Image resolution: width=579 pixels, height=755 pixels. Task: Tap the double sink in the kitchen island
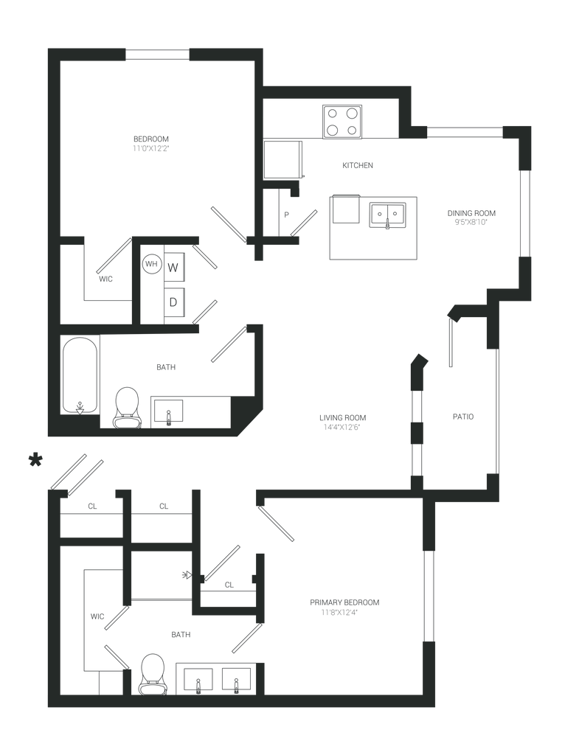tap(388, 215)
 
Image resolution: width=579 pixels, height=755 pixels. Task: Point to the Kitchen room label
tap(358, 166)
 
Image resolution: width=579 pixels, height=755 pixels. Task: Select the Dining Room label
tap(472, 216)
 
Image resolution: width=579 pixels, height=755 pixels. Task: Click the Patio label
tap(463, 417)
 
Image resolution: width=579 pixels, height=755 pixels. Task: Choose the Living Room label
tap(342, 422)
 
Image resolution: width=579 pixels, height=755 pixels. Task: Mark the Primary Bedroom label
tap(344, 607)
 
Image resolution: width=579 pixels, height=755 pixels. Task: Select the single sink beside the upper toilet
tap(169, 411)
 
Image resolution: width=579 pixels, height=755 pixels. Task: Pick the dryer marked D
tap(173, 300)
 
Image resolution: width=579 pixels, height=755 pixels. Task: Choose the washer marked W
tap(173, 266)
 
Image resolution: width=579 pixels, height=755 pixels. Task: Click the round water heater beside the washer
tap(151, 262)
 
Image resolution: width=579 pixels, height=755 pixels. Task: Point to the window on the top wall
tap(157, 54)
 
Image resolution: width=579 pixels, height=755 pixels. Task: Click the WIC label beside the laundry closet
tap(105, 279)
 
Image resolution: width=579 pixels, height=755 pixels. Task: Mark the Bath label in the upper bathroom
tap(165, 366)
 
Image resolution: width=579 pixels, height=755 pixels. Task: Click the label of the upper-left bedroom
tap(151, 143)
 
